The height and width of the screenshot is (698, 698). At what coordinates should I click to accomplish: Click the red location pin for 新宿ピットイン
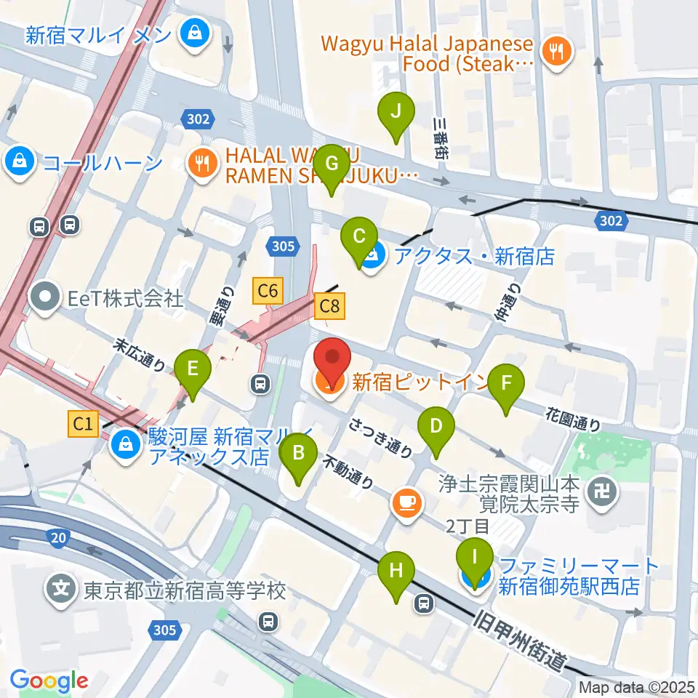[x=332, y=362]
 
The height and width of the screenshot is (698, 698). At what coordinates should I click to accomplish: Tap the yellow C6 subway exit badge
[x=268, y=292]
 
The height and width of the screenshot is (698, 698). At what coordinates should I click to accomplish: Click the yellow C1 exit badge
[x=84, y=424]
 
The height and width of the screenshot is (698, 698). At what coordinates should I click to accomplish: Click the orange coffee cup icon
[x=406, y=503]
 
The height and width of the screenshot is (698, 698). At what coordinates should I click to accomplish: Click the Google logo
[x=49, y=681]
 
